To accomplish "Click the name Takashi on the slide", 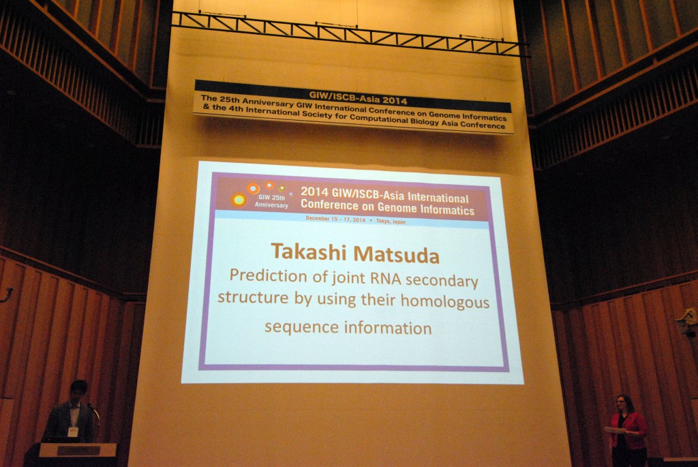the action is (309, 252).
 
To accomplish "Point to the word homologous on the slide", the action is (444, 302).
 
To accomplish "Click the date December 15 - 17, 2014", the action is (335, 219).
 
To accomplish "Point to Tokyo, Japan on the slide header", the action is (391, 221).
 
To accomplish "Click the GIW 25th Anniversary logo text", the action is (271, 201).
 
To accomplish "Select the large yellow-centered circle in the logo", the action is (239, 200).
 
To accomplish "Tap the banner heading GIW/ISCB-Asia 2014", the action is (359, 97).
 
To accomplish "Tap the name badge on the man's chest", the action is (72, 432).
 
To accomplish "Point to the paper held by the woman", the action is (616, 430).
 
